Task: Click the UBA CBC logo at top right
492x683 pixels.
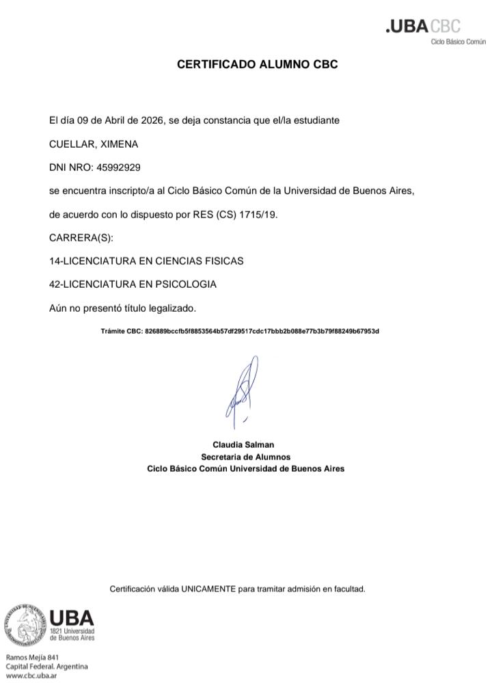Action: point(424,27)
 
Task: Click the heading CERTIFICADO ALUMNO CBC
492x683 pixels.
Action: point(257,65)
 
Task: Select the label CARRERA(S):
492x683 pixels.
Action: point(81,238)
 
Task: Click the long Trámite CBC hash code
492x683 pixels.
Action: point(262,332)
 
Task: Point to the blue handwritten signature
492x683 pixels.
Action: point(243,390)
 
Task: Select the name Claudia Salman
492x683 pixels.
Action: point(243,444)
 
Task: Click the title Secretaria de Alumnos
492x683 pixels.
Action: point(245,457)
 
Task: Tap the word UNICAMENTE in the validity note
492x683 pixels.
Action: point(208,589)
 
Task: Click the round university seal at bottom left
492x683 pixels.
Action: point(25,625)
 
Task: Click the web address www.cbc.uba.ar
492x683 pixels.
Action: point(31,675)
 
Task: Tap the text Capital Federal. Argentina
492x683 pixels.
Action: point(46,667)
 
